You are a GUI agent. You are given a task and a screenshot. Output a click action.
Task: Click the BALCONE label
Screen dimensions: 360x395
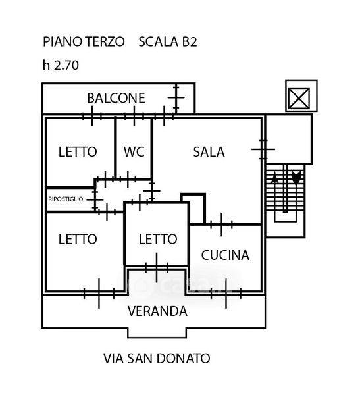click(116, 98)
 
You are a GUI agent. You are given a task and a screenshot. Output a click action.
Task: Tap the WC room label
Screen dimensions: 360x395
click(134, 152)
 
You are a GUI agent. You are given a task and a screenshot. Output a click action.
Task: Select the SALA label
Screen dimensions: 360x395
click(209, 152)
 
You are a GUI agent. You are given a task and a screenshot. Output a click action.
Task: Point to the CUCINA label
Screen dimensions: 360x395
click(225, 255)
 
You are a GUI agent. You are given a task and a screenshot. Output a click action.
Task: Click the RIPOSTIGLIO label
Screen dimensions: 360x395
click(66, 199)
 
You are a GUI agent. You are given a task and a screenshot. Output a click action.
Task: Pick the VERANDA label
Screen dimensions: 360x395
click(157, 311)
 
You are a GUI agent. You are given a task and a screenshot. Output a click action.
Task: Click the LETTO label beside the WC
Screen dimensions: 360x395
click(78, 152)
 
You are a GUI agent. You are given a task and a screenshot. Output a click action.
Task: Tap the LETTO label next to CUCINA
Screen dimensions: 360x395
click(158, 239)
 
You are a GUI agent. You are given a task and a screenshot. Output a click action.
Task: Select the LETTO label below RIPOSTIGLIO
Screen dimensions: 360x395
click(78, 239)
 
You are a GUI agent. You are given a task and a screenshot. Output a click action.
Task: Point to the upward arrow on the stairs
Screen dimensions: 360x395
click(274, 178)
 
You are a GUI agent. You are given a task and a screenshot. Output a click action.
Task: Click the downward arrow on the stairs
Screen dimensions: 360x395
click(296, 177)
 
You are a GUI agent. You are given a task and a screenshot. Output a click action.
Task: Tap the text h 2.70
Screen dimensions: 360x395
click(61, 65)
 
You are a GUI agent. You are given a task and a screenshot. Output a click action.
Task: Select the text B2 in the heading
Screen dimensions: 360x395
click(189, 41)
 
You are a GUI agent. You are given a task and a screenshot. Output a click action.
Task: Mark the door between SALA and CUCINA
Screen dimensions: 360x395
click(221, 224)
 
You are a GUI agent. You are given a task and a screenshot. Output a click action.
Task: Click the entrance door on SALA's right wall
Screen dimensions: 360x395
click(263, 149)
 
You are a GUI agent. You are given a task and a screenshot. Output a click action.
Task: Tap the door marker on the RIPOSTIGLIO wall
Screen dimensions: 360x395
click(95, 199)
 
